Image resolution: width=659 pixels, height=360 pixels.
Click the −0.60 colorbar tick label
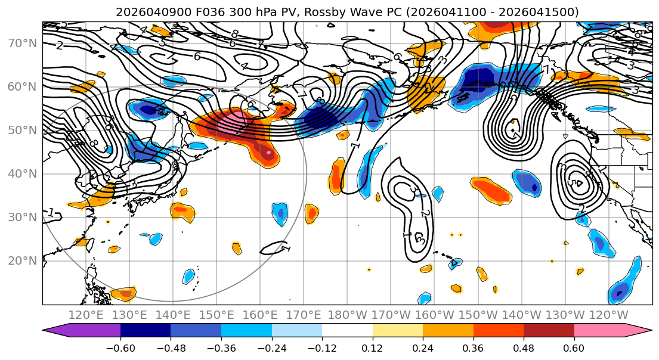(120, 348)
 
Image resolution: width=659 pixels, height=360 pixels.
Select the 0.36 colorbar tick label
(473, 348)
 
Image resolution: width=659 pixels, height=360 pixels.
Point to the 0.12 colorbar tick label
(372, 348)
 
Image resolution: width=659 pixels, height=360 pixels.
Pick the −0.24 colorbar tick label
(271, 348)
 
